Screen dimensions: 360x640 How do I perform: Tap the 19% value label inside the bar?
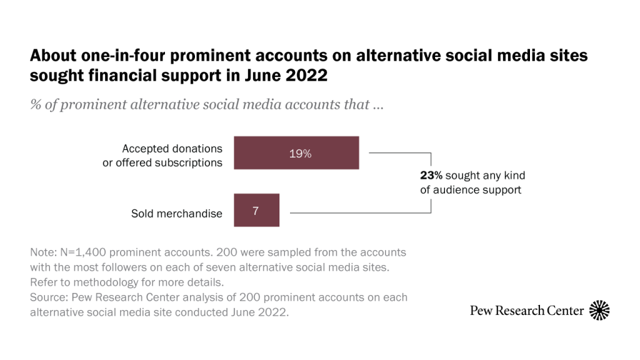pyautogui.click(x=300, y=154)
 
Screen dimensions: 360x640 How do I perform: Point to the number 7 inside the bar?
pyautogui.click(x=256, y=211)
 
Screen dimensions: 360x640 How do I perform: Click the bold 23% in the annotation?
pyautogui.click(x=431, y=176)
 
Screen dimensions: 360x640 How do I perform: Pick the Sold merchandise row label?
pyautogui.click(x=176, y=214)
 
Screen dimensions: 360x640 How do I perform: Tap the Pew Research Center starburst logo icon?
pyautogui.click(x=599, y=310)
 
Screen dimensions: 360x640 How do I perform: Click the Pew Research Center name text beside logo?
pyautogui.click(x=527, y=311)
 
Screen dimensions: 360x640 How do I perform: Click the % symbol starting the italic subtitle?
pyautogui.click(x=36, y=104)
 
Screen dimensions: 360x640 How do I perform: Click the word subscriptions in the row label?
pyautogui.click(x=187, y=162)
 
